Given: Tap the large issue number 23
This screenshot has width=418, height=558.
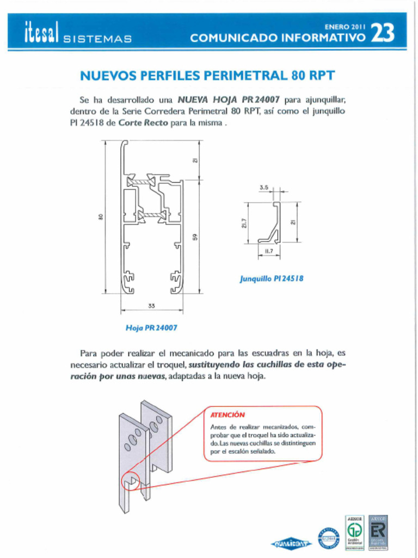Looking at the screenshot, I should coord(382,34).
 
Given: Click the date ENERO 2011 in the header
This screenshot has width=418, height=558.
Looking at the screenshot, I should coord(344,26).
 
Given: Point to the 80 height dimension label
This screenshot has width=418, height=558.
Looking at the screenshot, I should coord(101,216).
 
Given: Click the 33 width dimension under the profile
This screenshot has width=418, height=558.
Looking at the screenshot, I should coord(151,306).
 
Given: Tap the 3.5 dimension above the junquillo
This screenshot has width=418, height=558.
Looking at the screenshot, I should coord(264,187).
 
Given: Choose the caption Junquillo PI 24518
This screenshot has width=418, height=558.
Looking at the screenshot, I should coord(272,278).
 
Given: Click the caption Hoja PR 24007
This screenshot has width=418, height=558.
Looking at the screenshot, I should coord(151,328).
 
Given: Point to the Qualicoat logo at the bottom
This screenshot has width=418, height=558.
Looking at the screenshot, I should coord(291,543).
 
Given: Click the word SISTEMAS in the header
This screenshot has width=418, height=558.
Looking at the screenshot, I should coord(97,39).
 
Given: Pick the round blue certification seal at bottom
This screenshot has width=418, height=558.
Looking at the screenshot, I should coord(328,538).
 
